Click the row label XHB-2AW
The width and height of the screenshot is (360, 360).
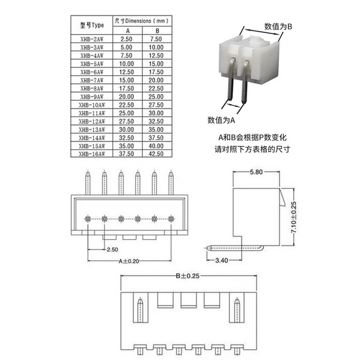point(92,38)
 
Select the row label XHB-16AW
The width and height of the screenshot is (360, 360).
point(92,154)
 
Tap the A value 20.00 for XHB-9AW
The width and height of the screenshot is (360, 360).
point(126,96)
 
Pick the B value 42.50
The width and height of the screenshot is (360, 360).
point(156,154)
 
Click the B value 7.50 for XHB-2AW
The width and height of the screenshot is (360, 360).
point(156,38)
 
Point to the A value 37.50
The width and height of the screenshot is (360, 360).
point(126,154)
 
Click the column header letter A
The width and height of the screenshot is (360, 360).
point(127,30)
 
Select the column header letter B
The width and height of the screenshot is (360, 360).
point(157,30)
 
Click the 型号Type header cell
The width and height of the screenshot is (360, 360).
point(92,25)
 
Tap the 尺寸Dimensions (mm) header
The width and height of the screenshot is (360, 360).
point(141,21)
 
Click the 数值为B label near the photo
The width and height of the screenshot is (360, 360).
point(278,26)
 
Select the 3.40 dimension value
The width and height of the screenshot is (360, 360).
point(221,260)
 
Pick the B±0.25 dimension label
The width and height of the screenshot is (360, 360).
point(189,276)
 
